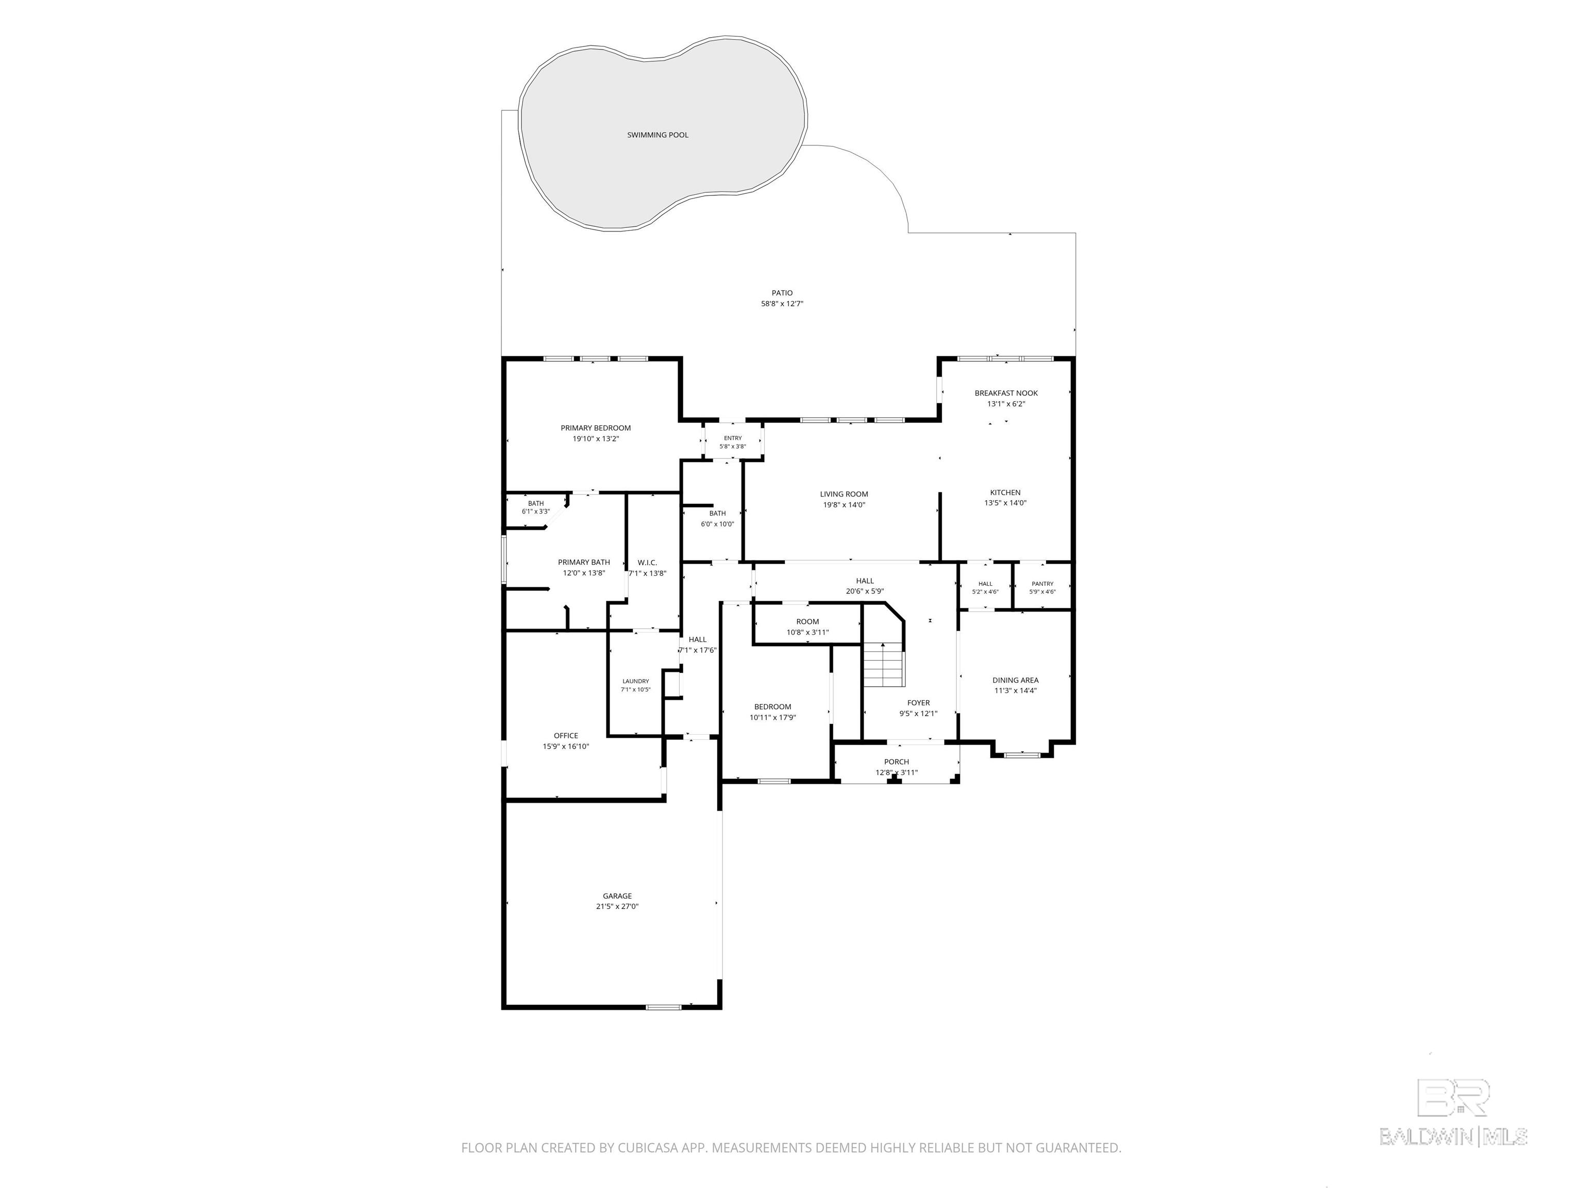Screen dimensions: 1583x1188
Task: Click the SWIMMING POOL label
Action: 658,135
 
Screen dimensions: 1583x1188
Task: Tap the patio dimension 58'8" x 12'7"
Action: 782,304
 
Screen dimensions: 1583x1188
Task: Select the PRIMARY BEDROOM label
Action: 595,428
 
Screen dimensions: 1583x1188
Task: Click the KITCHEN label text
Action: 1005,492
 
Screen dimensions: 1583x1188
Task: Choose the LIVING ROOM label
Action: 844,494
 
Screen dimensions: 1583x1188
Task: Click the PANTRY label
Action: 1042,584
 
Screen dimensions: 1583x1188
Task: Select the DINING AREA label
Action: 1015,680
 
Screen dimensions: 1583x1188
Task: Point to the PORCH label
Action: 896,762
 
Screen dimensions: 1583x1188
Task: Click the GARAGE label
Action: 617,896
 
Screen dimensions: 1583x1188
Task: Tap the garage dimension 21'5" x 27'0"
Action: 617,906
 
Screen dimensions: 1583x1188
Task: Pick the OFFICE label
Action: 565,735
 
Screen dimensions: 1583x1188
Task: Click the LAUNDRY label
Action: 635,682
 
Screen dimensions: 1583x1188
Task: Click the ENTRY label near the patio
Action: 733,438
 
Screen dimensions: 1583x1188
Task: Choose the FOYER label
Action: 918,703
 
